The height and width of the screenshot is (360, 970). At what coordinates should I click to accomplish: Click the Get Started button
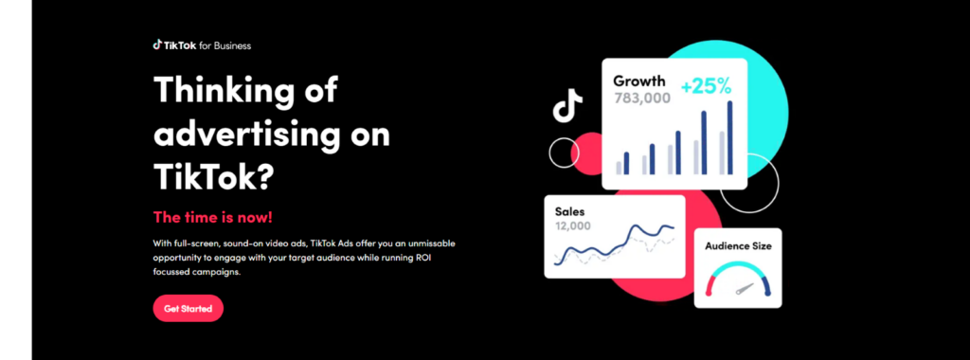(x=189, y=308)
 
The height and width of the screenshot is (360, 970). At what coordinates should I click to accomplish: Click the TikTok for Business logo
(x=202, y=45)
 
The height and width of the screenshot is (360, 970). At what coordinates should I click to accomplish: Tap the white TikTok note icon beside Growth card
(x=567, y=105)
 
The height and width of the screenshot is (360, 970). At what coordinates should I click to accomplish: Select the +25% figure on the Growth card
(x=706, y=86)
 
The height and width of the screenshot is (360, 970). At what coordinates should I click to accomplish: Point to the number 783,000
(x=642, y=98)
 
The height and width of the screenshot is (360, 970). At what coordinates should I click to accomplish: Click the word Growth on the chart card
(x=639, y=81)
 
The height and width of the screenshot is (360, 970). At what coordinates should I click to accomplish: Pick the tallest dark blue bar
(x=730, y=137)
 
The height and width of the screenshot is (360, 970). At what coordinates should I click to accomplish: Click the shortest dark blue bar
(x=626, y=163)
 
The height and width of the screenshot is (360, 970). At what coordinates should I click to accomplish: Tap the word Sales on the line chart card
(x=569, y=211)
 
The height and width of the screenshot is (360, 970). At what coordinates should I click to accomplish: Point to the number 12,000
(x=573, y=225)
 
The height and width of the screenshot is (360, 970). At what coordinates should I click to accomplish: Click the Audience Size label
(x=738, y=245)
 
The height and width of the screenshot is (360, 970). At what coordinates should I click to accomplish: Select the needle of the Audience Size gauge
(x=745, y=289)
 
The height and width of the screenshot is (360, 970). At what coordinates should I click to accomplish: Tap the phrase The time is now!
(x=213, y=217)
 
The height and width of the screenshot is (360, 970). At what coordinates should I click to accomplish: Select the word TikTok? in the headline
(x=213, y=176)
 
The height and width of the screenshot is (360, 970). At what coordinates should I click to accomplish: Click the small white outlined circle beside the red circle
(x=565, y=153)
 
